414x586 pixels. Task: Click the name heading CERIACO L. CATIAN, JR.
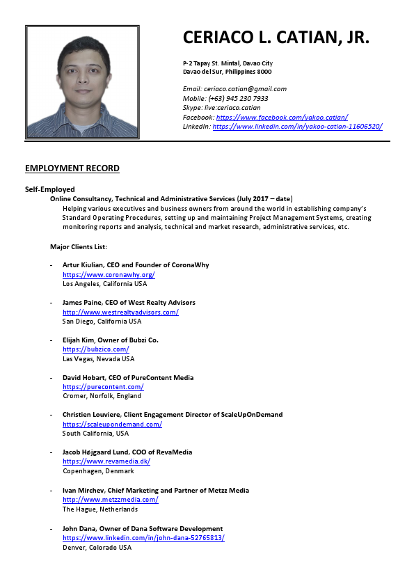[x=276, y=38]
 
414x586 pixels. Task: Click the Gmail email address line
[x=234, y=89]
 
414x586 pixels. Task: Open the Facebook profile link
[x=280, y=117]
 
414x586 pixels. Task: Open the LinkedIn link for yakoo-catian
[x=297, y=127]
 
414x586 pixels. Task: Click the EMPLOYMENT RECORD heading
[x=72, y=168]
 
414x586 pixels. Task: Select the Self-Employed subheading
[x=50, y=189]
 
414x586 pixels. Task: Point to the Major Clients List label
[x=78, y=246]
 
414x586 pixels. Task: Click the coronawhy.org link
[x=109, y=274]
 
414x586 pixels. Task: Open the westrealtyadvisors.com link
[x=120, y=312]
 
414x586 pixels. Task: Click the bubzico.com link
[x=95, y=349]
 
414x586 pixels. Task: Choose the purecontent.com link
[x=103, y=387]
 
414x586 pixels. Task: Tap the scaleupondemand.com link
[x=112, y=424]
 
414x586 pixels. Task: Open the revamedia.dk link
[x=106, y=461]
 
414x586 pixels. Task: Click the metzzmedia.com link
[x=110, y=499]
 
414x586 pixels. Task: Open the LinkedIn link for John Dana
[x=143, y=538]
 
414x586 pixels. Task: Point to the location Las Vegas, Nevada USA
[x=98, y=358]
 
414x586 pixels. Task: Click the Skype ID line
[x=222, y=108]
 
